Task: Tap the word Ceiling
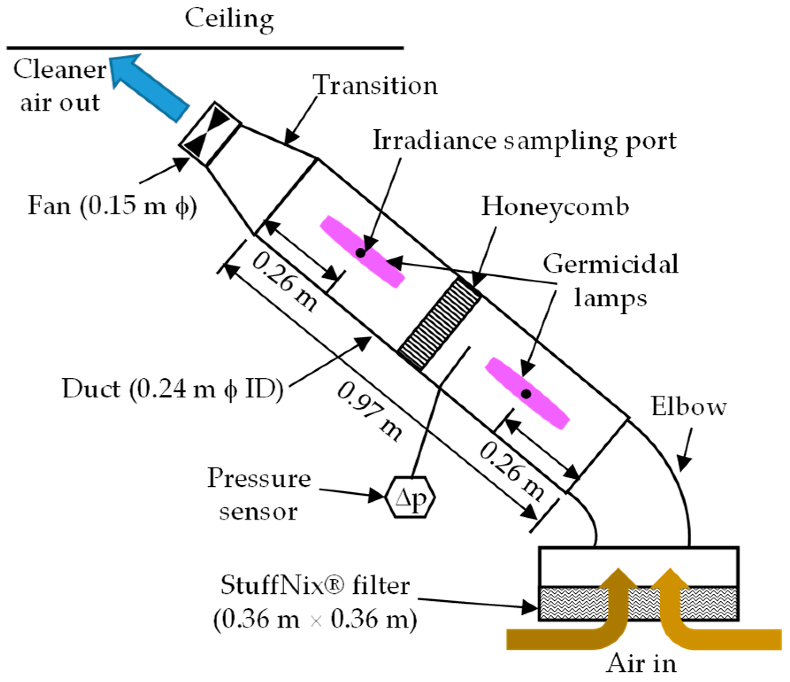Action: (229, 19)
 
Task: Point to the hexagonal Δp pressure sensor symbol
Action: (410, 497)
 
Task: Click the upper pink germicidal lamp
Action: (362, 251)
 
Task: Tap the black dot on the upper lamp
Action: (361, 253)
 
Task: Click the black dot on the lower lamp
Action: (526, 393)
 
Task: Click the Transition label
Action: (375, 85)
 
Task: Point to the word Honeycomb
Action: (555, 207)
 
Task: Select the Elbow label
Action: (688, 406)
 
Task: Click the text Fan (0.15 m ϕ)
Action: (112, 206)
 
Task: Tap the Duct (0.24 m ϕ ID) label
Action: (172, 389)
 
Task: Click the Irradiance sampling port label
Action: (524, 141)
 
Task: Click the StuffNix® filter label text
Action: (315, 585)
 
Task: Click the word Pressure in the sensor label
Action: (259, 478)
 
